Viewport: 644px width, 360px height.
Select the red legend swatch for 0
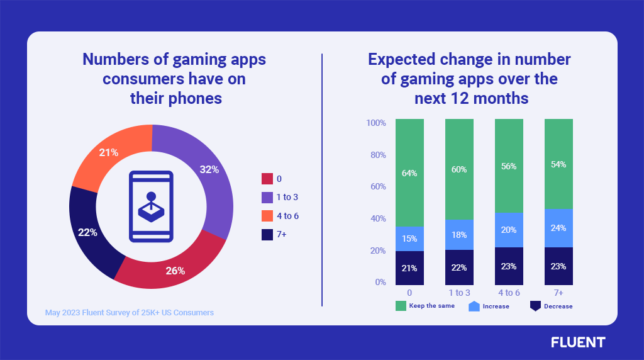click(x=267, y=179)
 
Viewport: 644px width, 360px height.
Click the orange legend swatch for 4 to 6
click(x=267, y=216)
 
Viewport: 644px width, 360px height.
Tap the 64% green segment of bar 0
click(x=409, y=172)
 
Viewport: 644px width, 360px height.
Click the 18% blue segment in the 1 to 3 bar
click(x=459, y=235)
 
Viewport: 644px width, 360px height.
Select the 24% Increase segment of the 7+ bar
click(x=558, y=228)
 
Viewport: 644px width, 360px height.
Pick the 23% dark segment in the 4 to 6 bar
click(x=509, y=266)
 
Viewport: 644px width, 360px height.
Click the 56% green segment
click(x=509, y=166)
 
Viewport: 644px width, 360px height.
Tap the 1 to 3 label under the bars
click(x=459, y=293)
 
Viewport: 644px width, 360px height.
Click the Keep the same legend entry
click(x=425, y=306)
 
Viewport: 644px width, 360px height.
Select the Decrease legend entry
click(x=551, y=306)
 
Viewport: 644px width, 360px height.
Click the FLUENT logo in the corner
click(x=578, y=342)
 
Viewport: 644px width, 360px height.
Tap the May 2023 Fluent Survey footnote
click(x=130, y=312)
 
